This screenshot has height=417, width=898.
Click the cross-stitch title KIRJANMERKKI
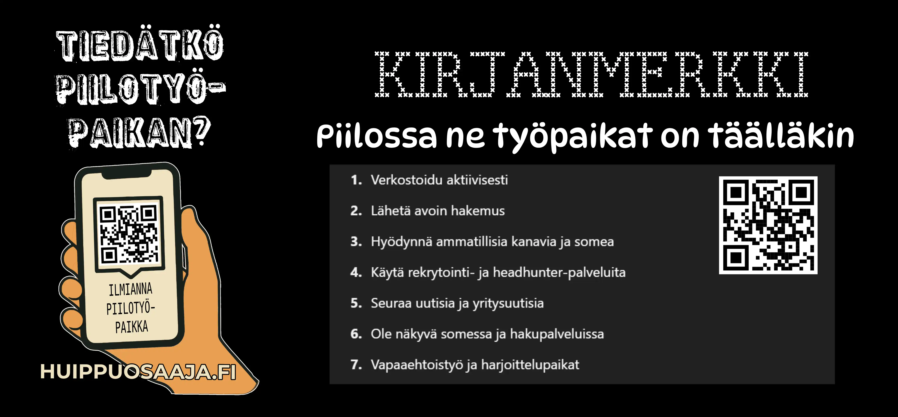tap(591, 74)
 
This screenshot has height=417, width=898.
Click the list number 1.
tap(356, 180)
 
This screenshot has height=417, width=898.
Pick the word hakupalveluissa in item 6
tap(557, 334)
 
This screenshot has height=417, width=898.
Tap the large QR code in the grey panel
tap(768, 225)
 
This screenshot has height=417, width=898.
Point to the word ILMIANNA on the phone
tap(130, 289)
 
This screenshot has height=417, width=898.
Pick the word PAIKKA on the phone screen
tap(132, 327)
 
